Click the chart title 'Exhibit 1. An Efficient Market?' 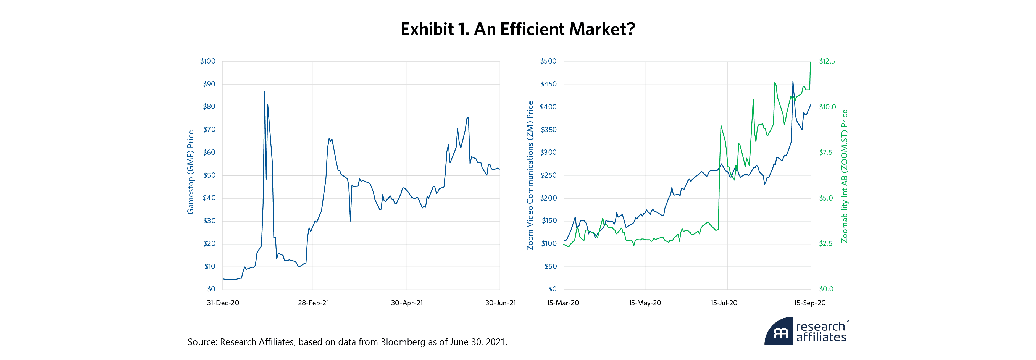[x=518, y=29]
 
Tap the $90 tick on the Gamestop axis [x=209, y=84]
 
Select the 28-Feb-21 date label [x=313, y=303]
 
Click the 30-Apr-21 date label [x=407, y=303]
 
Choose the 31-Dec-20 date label [x=223, y=303]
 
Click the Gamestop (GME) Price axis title [x=191, y=172]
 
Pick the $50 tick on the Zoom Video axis [x=550, y=266]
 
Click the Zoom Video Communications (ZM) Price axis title [x=530, y=175]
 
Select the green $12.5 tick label [x=827, y=61]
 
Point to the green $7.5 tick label [x=826, y=153]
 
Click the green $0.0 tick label [x=826, y=289]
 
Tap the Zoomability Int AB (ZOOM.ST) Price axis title [x=844, y=176]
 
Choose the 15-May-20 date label [x=645, y=303]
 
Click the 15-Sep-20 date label [x=809, y=303]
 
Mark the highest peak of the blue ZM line [x=793, y=82]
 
